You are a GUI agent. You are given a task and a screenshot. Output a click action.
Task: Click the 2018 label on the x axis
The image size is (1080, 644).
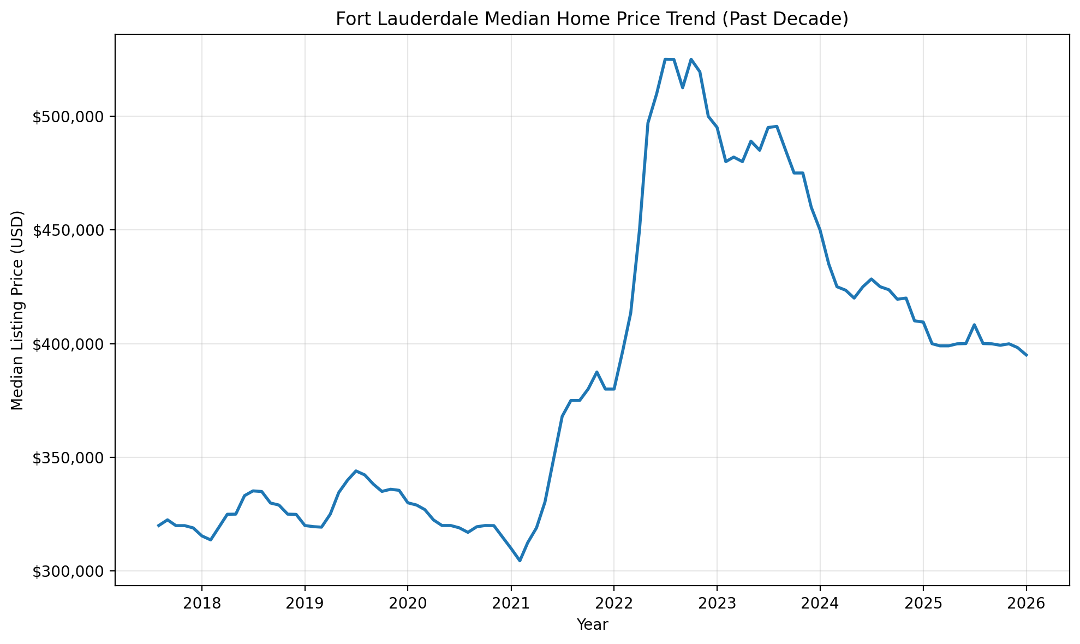coord(202,604)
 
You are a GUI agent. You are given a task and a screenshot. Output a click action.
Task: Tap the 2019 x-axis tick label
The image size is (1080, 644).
coord(305,604)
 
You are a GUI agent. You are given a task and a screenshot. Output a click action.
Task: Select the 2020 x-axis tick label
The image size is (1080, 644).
coord(408,604)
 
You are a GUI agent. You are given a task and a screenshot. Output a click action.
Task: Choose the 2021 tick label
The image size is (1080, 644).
coord(511,604)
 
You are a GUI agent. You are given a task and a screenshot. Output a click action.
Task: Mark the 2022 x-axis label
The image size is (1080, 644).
coord(614,604)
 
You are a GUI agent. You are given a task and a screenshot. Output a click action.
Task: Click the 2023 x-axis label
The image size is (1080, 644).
coord(717,604)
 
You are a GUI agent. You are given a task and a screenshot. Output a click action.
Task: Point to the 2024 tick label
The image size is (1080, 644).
coord(820,604)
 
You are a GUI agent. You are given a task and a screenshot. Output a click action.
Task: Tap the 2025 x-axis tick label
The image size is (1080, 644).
coord(923,604)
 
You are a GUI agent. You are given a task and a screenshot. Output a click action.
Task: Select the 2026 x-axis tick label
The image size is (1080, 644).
coord(1026,604)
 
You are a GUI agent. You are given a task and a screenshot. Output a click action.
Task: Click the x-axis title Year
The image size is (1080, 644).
coord(592,624)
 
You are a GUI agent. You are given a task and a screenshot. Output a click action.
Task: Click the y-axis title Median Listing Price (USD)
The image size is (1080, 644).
coord(17,310)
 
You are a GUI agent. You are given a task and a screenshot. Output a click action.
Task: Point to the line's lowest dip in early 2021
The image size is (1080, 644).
coord(520,560)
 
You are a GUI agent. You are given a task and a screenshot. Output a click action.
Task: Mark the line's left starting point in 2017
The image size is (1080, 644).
coord(158,526)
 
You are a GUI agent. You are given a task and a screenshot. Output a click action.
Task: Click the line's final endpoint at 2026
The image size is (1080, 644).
coord(1027,355)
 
